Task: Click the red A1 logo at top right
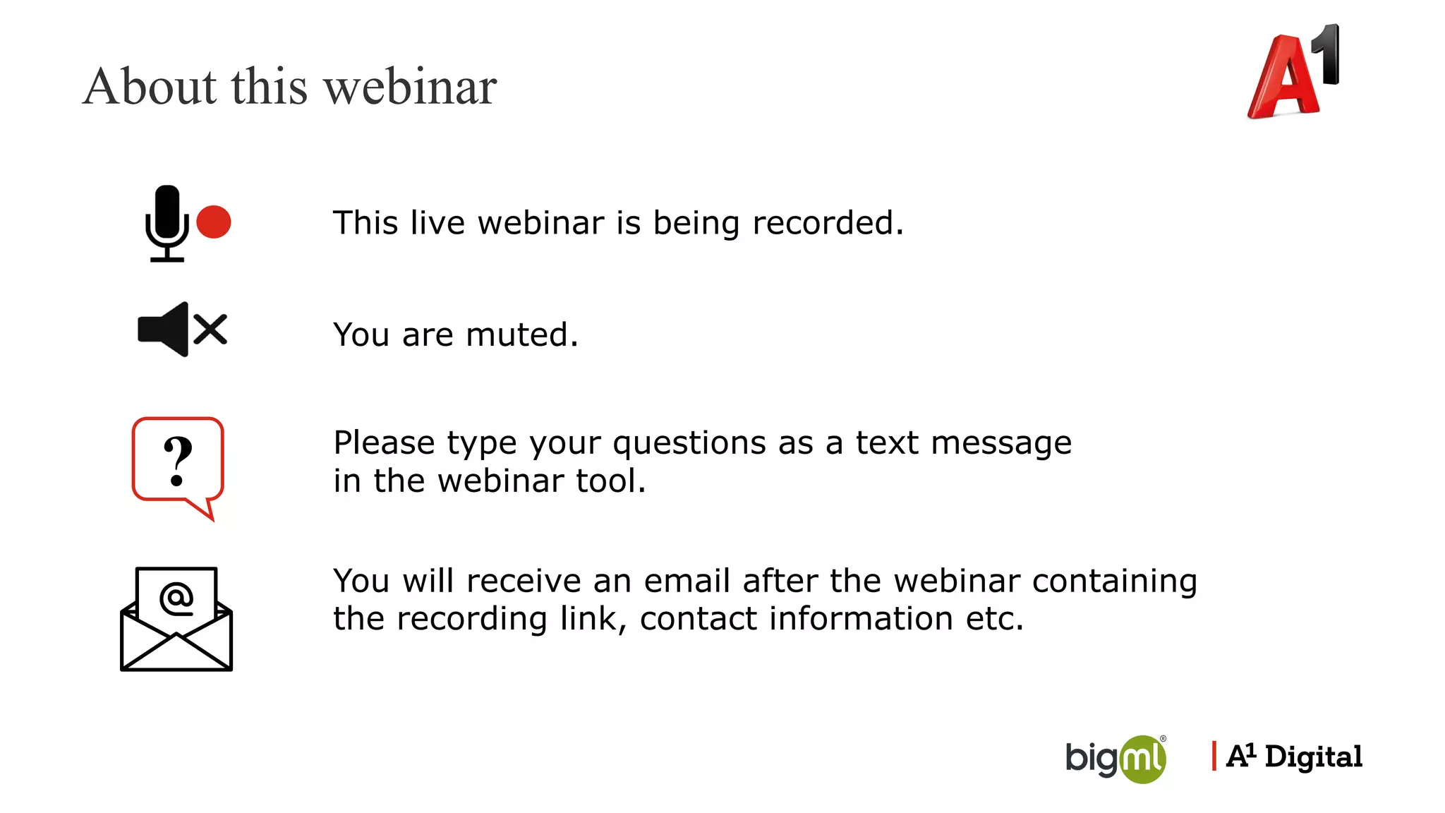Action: (x=1293, y=73)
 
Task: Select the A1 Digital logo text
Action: (x=1294, y=757)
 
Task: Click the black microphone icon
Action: (x=167, y=222)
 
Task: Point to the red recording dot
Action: (x=214, y=222)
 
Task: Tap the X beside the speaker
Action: (x=210, y=330)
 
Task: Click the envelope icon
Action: (x=176, y=619)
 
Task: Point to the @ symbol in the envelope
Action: (x=176, y=598)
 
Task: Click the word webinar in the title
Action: (x=410, y=87)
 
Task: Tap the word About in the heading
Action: (x=150, y=87)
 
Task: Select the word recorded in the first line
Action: (x=827, y=223)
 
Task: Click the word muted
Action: (x=521, y=335)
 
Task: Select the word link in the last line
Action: (x=593, y=619)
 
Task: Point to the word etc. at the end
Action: (x=994, y=619)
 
